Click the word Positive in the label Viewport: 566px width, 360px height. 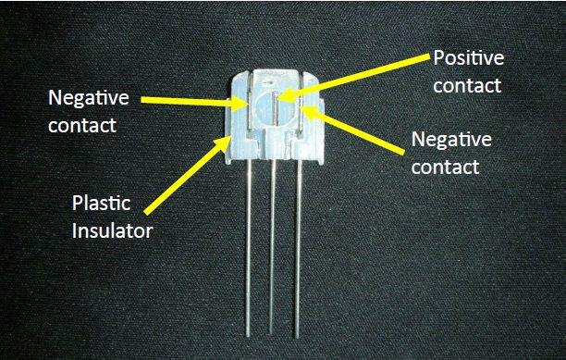(x=468, y=59)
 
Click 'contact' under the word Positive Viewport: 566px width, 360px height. (x=467, y=85)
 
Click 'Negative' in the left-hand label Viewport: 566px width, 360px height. (x=88, y=98)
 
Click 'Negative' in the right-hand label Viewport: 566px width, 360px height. (x=450, y=142)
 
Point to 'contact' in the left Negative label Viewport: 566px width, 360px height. (x=83, y=124)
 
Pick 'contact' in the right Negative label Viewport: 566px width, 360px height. (x=445, y=168)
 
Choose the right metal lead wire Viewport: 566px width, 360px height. (x=297, y=250)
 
